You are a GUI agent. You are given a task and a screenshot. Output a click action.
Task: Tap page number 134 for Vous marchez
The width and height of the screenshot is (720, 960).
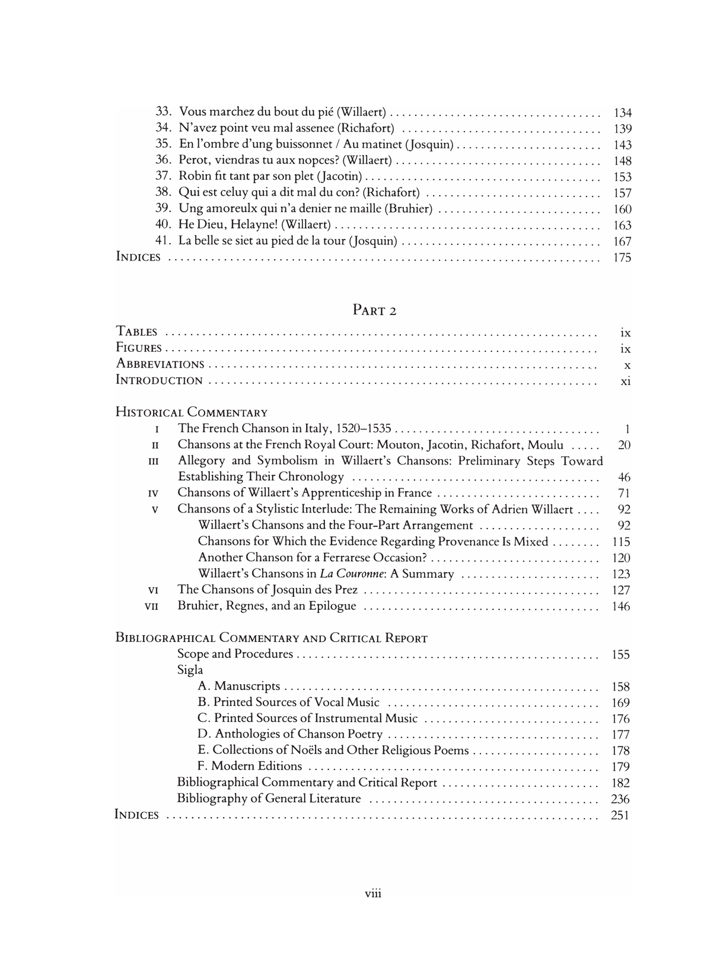tap(622, 113)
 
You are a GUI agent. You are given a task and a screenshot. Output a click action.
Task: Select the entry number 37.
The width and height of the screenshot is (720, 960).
tap(163, 176)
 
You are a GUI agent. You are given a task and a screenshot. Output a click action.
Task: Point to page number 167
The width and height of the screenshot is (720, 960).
tap(622, 241)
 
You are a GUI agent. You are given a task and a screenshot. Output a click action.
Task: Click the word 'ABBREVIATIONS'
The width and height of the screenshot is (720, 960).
tap(160, 364)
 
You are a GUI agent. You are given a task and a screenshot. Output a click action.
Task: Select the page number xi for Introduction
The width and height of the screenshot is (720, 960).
tap(625, 381)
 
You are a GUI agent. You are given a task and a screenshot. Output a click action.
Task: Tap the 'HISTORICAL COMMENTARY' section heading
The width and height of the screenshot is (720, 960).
tap(191, 412)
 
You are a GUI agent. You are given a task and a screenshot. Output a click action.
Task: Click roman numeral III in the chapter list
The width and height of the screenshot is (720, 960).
tap(154, 461)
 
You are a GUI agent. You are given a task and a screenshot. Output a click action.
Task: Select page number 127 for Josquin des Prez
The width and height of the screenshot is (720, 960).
tap(620, 590)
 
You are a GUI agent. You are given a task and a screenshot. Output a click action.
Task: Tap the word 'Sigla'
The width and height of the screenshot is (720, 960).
tap(190, 670)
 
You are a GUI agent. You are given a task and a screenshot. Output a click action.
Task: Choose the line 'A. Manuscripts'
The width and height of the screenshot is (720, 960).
tap(239, 686)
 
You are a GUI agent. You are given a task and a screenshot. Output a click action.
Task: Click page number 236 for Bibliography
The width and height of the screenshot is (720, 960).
tap(620, 799)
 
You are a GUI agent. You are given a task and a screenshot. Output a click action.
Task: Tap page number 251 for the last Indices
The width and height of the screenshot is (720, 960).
tap(620, 815)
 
